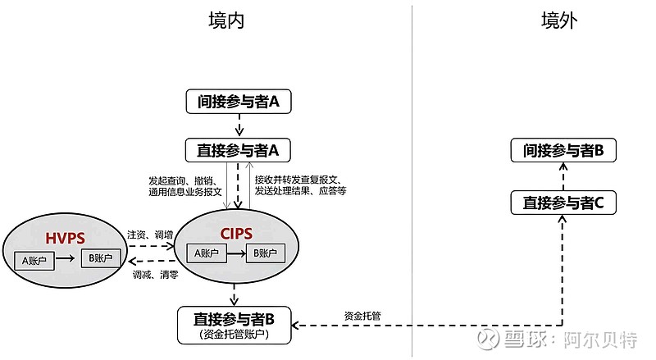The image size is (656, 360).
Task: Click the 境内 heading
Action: [226, 21]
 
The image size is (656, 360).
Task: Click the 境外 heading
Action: [560, 21]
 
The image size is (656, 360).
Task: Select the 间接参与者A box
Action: [238, 102]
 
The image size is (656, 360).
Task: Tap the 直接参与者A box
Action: [238, 150]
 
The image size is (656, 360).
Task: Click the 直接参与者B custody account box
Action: [234, 325]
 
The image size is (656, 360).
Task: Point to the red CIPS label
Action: [238, 233]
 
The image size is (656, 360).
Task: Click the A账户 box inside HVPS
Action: [36, 260]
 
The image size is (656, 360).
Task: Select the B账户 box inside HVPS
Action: [99, 258]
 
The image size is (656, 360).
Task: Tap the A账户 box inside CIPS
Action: [207, 253]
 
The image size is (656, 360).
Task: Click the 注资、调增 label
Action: [150, 235]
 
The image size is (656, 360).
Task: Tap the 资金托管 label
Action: [362, 315]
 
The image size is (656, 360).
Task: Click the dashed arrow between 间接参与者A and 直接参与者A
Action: [238, 125]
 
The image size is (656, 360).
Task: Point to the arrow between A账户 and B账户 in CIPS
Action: [235, 253]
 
